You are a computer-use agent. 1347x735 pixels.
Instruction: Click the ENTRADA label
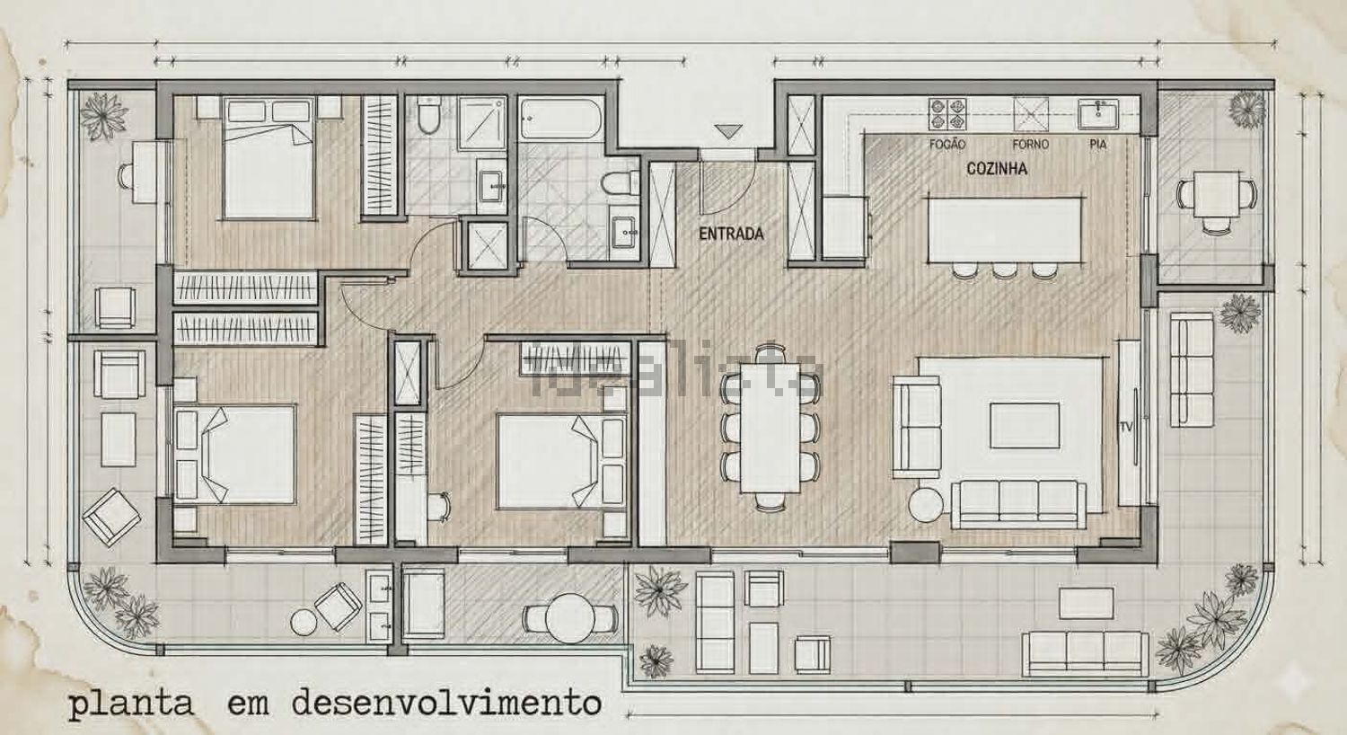(x=731, y=234)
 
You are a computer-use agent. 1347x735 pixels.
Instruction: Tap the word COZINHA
(x=997, y=168)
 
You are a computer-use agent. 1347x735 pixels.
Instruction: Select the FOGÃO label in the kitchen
(x=947, y=145)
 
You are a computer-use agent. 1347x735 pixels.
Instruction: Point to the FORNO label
(x=1030, y=145)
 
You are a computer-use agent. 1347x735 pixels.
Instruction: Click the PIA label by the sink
(x=1098, y=145)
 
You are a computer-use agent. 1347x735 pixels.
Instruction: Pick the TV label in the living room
(x=1126, y=427)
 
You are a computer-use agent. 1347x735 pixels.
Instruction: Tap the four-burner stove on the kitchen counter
(x=947, y=114)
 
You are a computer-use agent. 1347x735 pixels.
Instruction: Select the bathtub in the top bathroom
(x=561, y=120)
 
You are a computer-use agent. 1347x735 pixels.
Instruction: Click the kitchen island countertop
(x=1004, y=229)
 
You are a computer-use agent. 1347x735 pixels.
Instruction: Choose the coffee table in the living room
(x=1025, y=425)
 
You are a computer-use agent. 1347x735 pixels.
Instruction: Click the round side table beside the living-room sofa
(x=926, y=505)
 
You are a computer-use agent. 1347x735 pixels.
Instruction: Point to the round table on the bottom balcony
(x=568, y=617)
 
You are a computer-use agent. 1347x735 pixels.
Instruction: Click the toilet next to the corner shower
(x=429, y=115)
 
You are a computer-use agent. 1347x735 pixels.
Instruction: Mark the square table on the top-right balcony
(x=1216, y=194)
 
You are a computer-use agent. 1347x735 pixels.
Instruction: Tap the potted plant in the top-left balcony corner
(x=103, y=116)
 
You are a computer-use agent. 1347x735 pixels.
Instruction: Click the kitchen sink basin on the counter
(x=1098, y=114)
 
